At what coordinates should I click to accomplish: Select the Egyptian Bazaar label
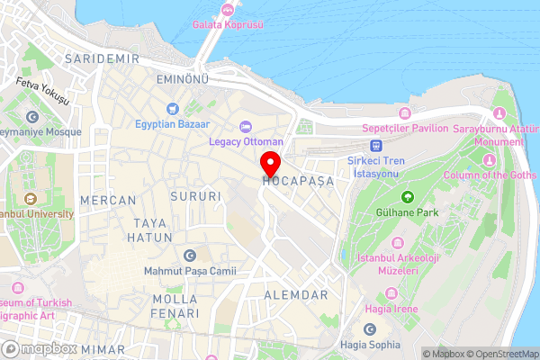[x=174, y=123]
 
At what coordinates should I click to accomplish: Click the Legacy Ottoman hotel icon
[x=246, y=125]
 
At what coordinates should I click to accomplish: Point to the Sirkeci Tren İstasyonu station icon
[x=375, y=145]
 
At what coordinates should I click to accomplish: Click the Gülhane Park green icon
[x=407, y=196]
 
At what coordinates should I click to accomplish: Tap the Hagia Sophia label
[x=371, y=345]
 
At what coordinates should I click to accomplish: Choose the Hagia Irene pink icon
[x=390, y=293]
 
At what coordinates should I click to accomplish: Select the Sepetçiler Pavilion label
[x=404, y=128]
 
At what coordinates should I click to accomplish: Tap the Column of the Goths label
[x=489, y=175]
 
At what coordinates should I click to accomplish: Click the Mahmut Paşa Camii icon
[x=189, y=256]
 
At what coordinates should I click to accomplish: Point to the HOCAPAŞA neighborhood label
[x=298, y=181]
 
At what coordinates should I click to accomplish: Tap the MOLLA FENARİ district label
[x=175, y=306]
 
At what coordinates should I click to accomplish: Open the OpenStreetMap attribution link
[x=502, y=353]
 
